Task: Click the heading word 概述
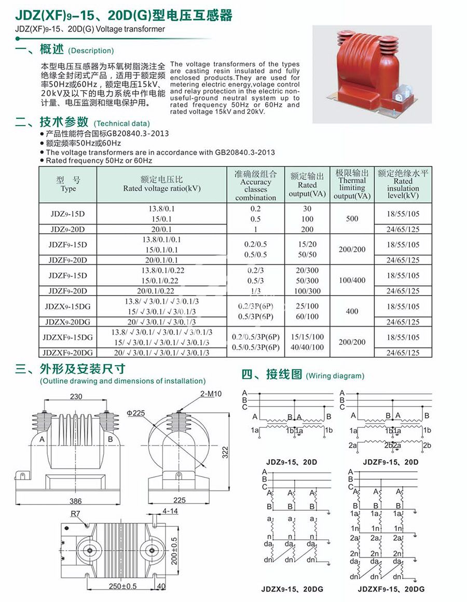[52, 50]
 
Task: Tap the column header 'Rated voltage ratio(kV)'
[161, 185]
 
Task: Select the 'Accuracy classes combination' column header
[255, 186]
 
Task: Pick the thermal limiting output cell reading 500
[352, 219]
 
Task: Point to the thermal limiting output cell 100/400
[352, 281]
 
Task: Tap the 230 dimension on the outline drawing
[77, 397]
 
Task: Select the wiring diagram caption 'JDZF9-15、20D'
[391, 462]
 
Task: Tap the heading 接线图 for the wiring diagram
[282, 374]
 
